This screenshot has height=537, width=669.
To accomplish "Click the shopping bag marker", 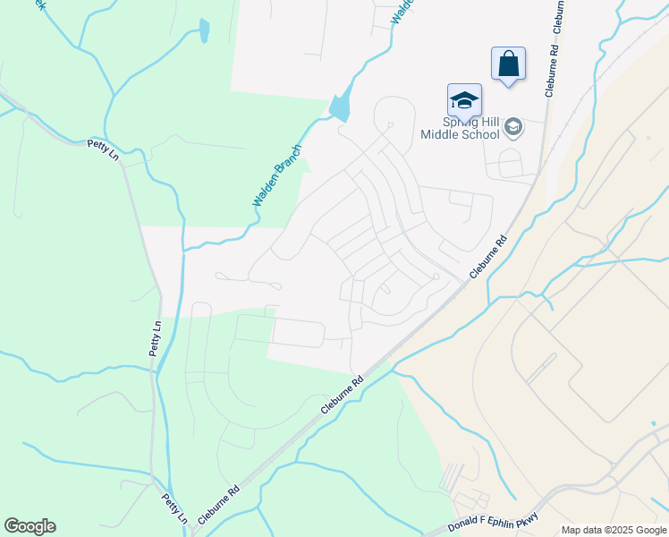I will point(508,64).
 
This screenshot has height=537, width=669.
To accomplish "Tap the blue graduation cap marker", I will point(464,99).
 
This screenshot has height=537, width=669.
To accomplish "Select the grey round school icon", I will point(513,127).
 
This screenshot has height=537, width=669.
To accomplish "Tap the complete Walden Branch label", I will point(277,176).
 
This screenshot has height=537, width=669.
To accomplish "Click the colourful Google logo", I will point(30,526).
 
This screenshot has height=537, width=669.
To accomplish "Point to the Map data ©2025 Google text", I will point(614,530).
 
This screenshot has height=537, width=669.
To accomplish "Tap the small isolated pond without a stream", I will point(205,32).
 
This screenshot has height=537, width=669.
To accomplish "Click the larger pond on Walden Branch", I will point(341,107).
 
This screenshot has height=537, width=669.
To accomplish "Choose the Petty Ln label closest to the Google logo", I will point(174,507).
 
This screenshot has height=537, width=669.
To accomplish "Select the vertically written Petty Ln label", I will point(156,339).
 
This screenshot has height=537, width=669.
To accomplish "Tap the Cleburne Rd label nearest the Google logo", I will point(219,505).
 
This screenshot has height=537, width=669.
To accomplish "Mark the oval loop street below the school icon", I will point(510,164).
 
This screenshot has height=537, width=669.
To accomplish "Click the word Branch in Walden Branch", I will point(287,163).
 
